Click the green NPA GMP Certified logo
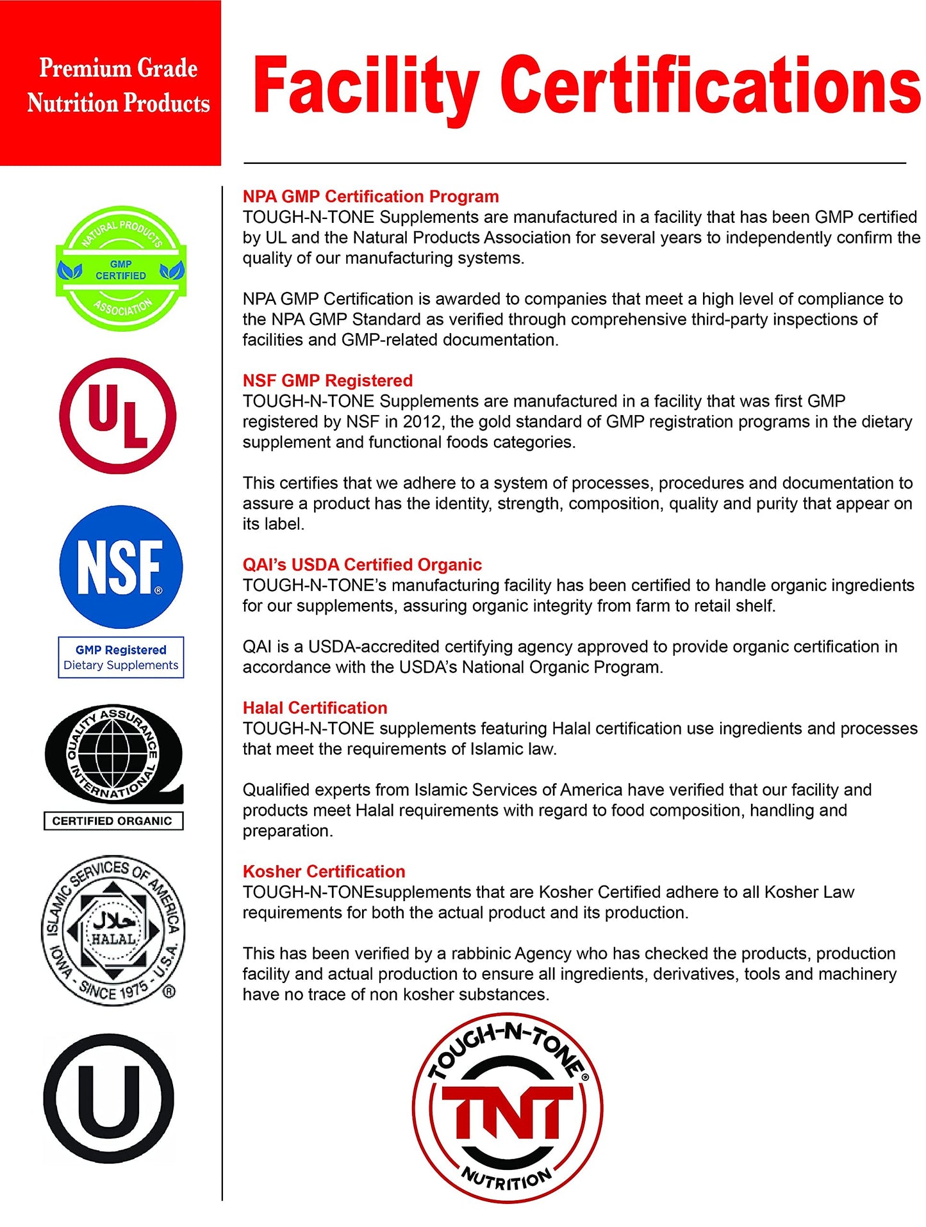(x=120, y=269)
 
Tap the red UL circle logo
(x=117, y=416)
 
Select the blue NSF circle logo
(x=120, y=567)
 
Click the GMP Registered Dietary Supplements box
(x=120, y=657)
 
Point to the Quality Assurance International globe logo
(x=113, y=753)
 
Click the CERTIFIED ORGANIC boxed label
(x=113, y=821)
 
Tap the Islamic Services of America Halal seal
(x=113, y=930)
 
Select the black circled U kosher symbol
(x=108, y=1099)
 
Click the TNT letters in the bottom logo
(x=507, y=1115)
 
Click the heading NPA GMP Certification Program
(x=370, y=197)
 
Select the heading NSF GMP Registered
(x=327, y=380)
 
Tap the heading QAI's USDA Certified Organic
(x=362, y=565)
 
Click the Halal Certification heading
(x=315, y=708)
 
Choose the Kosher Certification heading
(x=324, y=872)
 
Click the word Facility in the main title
(x=365, y=86)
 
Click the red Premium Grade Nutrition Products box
(x=110, y=83)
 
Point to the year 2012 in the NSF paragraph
(x=421, y=422)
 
